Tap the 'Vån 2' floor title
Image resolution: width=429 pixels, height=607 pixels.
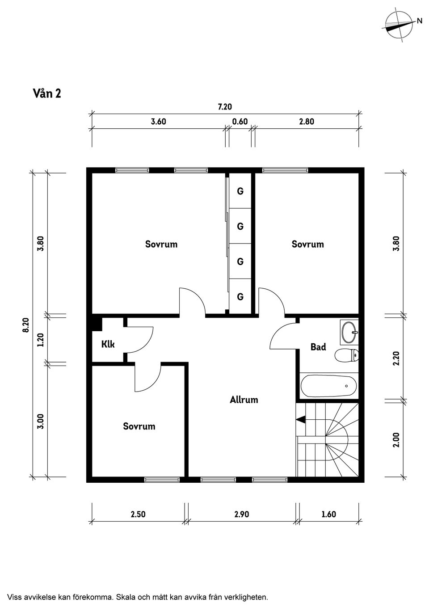[x=47, y=93]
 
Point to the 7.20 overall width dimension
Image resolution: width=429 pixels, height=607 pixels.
[x=225, y=107]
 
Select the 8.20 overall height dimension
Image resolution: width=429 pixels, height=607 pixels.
[x=26, y=325]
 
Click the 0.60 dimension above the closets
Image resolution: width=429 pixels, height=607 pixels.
[x=240, y=122]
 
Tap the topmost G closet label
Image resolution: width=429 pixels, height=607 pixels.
[x=240, y=191]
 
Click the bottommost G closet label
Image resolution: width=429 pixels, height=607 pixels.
[x=240, y=296]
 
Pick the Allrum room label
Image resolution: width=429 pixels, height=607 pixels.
[x=244, y=400]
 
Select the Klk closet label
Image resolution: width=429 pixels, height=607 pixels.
[x=108, y=344]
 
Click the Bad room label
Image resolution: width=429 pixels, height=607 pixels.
[x=318, y=347]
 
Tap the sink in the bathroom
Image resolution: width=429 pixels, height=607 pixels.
[x=349, y=332]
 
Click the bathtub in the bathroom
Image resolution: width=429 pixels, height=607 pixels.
[x=328, y=386]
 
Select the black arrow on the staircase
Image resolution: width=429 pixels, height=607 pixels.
[x=301, y=419]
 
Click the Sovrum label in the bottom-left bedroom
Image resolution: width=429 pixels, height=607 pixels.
[x=139, y=426]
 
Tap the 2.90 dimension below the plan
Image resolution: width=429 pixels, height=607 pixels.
[x=241, y=514]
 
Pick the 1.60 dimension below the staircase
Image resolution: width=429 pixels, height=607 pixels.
[x=328, y=514]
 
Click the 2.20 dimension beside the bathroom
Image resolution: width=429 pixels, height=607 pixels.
[x=396, y=358]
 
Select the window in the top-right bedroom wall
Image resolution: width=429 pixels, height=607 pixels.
[x=285, y=170]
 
